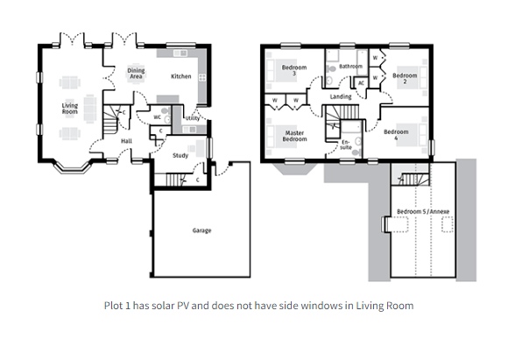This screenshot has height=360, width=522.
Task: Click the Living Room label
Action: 70,109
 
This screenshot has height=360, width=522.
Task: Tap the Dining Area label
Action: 136,74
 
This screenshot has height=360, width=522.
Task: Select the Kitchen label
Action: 181,76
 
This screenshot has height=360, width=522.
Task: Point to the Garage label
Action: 201,230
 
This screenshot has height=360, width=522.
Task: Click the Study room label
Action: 180,156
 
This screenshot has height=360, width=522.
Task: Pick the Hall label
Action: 126,141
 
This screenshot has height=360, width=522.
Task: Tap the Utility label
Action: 193,118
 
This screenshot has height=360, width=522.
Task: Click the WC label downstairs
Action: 157,117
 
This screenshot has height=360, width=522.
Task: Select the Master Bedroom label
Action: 294,136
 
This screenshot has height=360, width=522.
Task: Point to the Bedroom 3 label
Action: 294,70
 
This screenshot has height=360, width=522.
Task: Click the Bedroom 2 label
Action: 405,78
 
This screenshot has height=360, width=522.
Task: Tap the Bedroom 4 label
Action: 396,135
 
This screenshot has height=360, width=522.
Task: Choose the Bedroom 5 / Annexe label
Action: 423,211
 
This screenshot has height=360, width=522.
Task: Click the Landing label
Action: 341,96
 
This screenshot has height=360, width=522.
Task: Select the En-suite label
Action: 346,145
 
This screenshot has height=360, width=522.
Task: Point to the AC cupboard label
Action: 361,83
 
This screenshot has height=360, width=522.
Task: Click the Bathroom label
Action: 350,67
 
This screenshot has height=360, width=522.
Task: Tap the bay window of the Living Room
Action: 72,166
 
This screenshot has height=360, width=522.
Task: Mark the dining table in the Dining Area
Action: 136,74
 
